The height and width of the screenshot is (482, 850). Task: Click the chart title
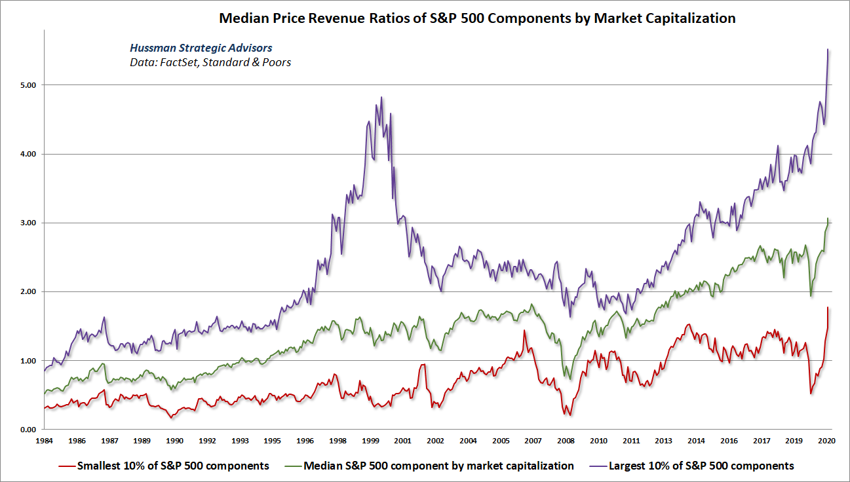tap(477, 18)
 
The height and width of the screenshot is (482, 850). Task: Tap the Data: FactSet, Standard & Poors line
tap(210, 63)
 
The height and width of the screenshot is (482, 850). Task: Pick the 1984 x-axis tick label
tap(45, 441)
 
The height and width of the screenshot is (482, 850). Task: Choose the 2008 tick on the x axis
tap(566, 441)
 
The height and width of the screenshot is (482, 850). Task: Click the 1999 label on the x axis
tap(371, 441)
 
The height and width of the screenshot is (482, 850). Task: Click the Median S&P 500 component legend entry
tap(431, 466)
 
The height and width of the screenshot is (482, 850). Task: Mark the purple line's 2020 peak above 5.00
tap(828, 50)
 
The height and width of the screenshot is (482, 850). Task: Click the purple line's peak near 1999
tap(381, 98)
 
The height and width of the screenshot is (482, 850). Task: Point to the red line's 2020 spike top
tap(828, 307)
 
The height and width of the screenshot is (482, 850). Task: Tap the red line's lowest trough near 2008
tap(570, 415)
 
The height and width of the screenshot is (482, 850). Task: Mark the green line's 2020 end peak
tap(828, 219)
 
